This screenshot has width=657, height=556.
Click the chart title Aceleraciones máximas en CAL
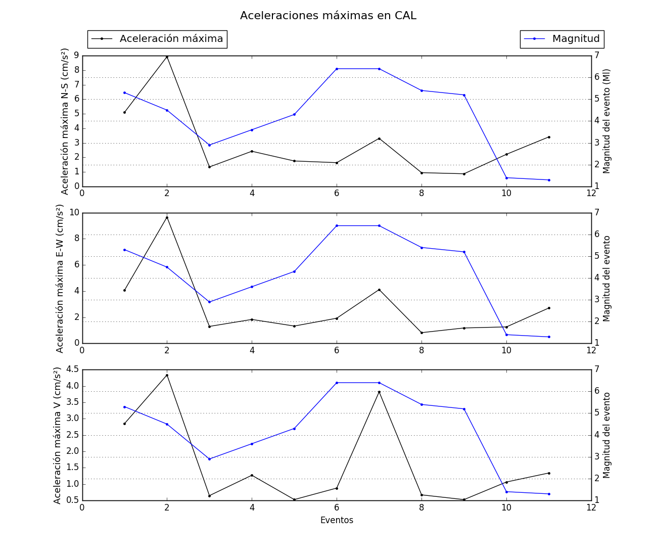click(328, 16)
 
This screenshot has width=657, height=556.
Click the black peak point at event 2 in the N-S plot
click(167, 57)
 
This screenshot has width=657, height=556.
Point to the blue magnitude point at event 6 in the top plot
click(337, 69)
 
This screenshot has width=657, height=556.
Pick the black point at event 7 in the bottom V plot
click(379, 392)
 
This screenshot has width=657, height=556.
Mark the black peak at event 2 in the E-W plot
click(167, 217)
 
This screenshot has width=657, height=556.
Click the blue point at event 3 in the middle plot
click(209, 302)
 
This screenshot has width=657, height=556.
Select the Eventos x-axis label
click(337, 520)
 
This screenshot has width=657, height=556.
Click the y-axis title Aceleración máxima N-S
click(65, 121)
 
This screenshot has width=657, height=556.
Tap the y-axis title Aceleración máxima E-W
click(60, 279)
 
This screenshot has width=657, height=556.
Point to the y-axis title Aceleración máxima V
click(57, 436)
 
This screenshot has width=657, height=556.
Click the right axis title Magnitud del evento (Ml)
click(607, 121)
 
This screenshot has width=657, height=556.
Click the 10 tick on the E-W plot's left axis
click(74, 212)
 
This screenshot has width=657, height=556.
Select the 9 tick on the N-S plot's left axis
click(77, 55)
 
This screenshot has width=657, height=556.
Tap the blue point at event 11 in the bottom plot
click(549, 494)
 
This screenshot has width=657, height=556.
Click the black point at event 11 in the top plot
click(549, 137)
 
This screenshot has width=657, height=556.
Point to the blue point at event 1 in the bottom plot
click(124, 407)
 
